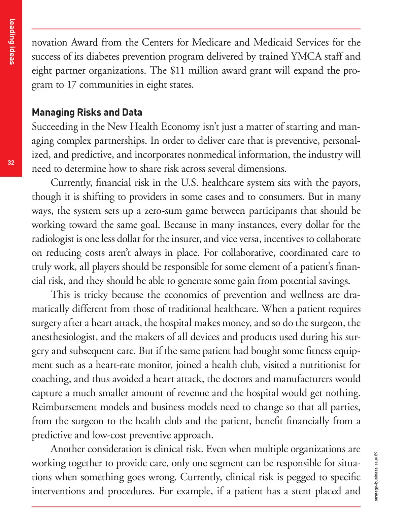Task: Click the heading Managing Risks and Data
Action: point(87,112)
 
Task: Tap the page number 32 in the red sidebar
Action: point(11,163)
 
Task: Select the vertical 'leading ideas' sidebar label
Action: point(12,41)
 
